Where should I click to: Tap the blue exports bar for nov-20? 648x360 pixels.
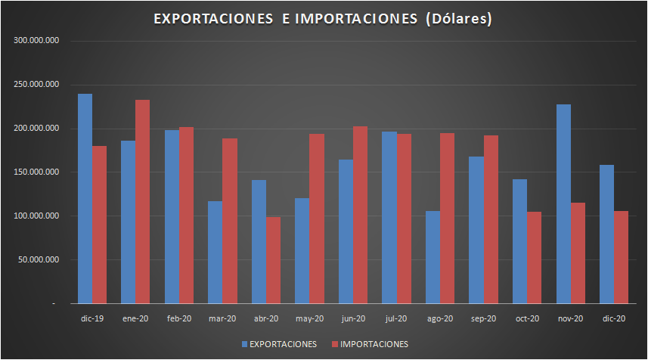(563, 204)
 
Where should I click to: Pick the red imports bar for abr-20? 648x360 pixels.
(273, 260)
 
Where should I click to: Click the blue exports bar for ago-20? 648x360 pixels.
(433, 257)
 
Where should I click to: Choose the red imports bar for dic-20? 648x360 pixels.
(621, 257)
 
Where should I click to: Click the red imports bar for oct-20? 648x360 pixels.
(534, 257)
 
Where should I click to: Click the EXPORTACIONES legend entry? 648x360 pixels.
(279, 344)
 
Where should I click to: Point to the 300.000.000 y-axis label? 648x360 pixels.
(36, 41)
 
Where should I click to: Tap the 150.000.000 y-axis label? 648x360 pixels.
(36, 172)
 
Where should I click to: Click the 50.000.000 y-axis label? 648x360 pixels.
(39, 260)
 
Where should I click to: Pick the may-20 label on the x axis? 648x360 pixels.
(309, 319)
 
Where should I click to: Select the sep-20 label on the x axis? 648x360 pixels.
(483, 319)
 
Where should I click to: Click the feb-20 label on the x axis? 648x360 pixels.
(178, 319)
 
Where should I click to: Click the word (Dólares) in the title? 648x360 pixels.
(459, 19)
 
